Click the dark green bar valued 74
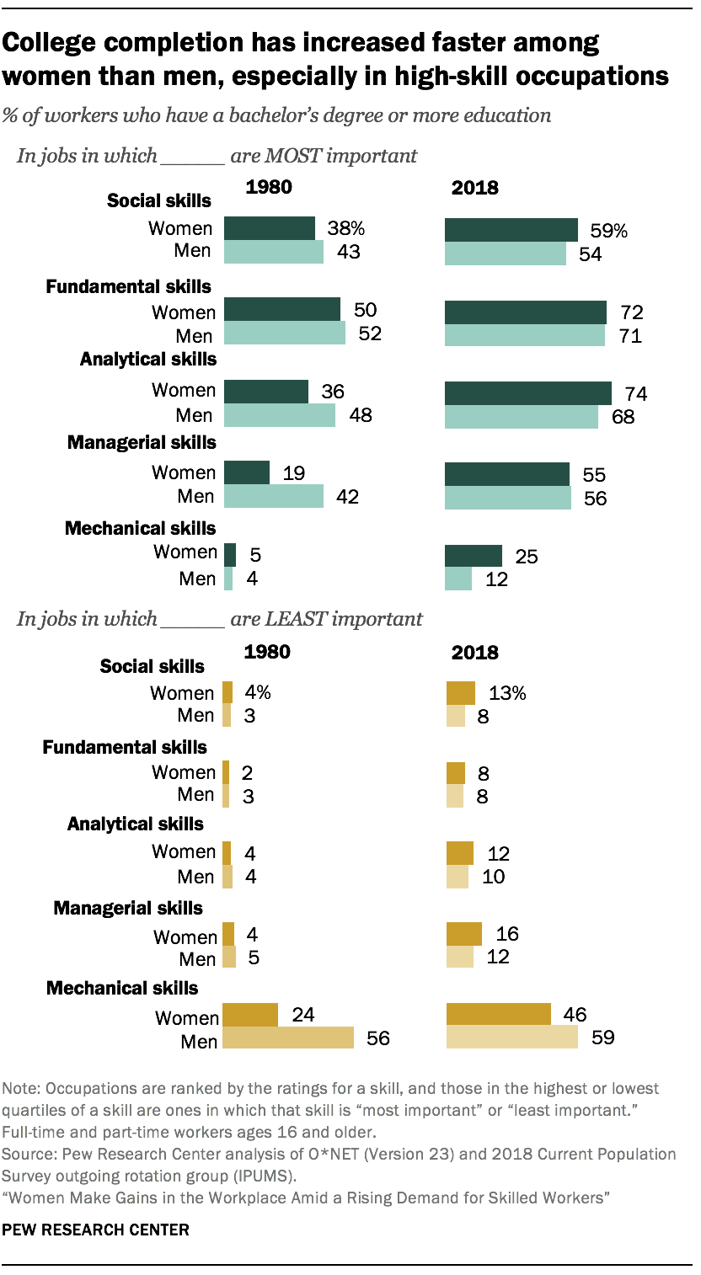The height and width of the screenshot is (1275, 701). point(527,393)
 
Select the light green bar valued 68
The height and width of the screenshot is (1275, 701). point(521,417)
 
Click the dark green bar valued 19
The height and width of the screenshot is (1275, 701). point(247,473)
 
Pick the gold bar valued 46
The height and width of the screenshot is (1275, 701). point(498,1014)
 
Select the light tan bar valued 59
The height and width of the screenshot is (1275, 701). point(511,1037)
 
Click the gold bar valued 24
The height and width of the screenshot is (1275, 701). point(249,1015)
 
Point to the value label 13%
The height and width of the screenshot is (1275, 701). point(507,693)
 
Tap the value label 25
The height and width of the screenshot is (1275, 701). point(526,557)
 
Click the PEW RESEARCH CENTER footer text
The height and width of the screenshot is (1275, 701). point(95,1230)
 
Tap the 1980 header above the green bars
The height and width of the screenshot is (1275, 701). point(268,187)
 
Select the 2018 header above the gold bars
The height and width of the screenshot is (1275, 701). point(475,652)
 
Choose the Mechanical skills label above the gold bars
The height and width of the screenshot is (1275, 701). point(123,988)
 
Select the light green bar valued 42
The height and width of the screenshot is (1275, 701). point(274,497)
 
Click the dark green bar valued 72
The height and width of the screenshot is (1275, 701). point(525,312)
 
